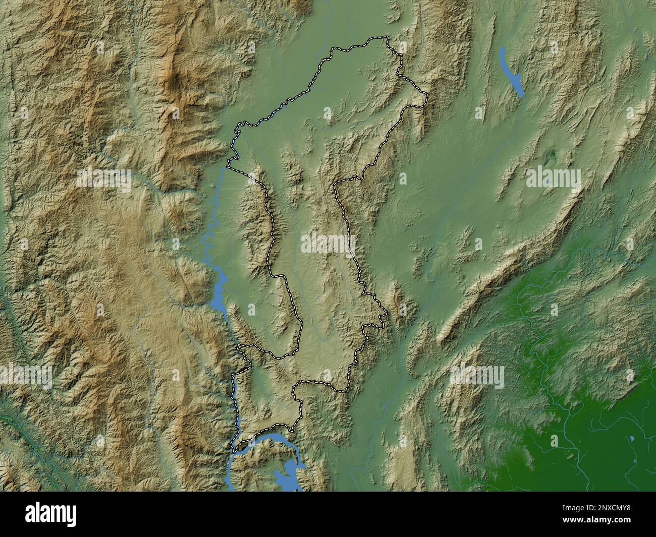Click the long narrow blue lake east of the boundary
click(x=511, y=71)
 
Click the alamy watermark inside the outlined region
click(x=328, y=244)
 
